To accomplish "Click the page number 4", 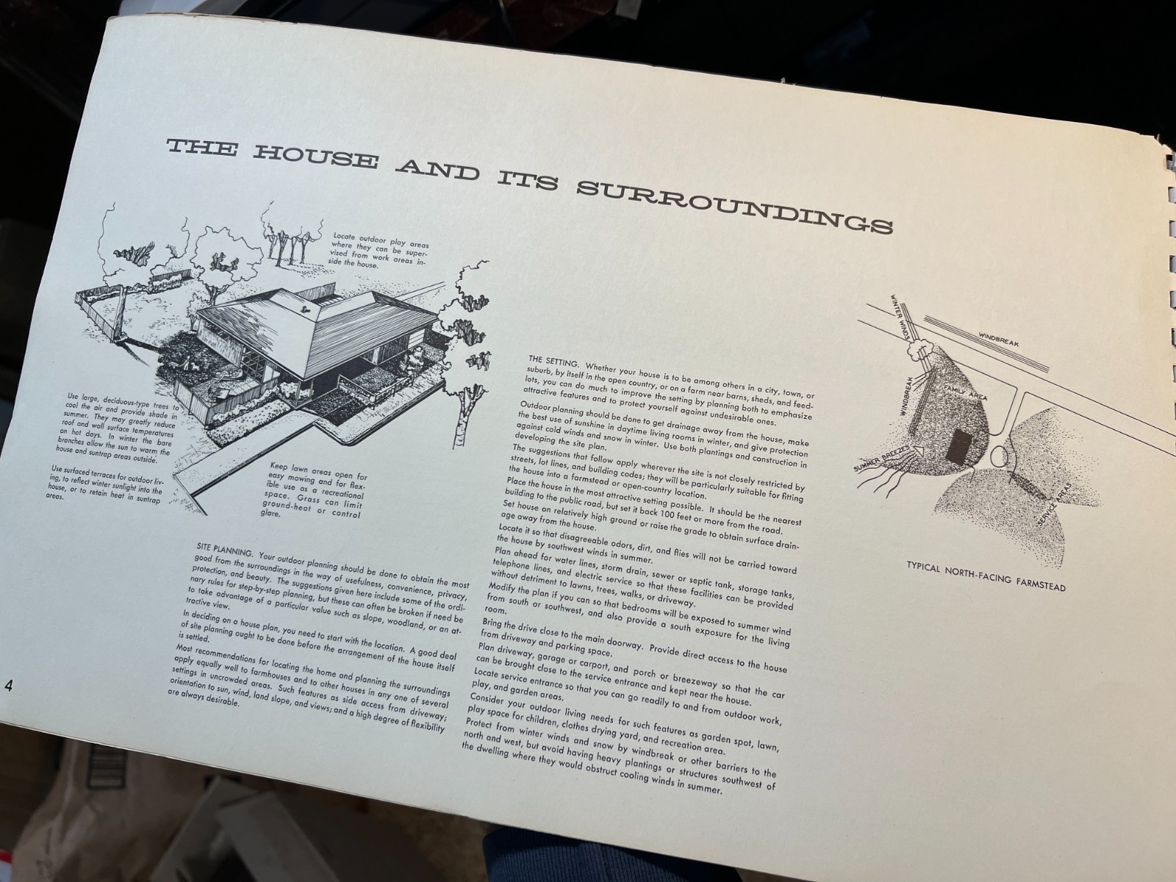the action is (9, 686).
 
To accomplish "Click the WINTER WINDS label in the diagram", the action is (900, 317).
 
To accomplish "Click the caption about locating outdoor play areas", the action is (379, 250).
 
